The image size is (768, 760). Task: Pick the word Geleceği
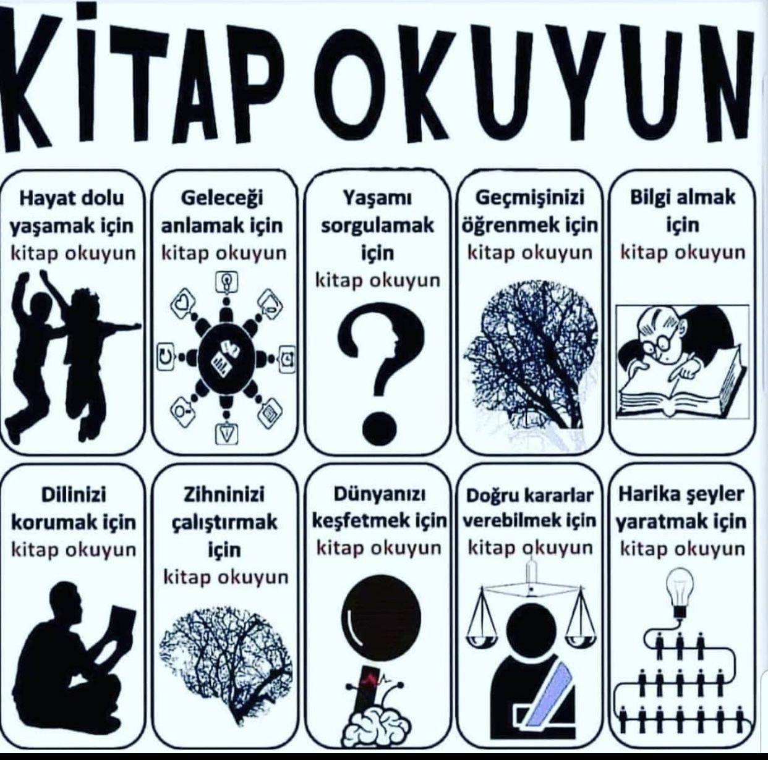point(222,198)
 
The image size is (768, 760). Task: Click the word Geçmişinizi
point(529,198)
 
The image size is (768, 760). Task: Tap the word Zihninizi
point(224,495)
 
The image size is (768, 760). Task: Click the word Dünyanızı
point(379,495)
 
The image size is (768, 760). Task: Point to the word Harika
point(642,495)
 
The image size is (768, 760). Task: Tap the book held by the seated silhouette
point(121,625)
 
